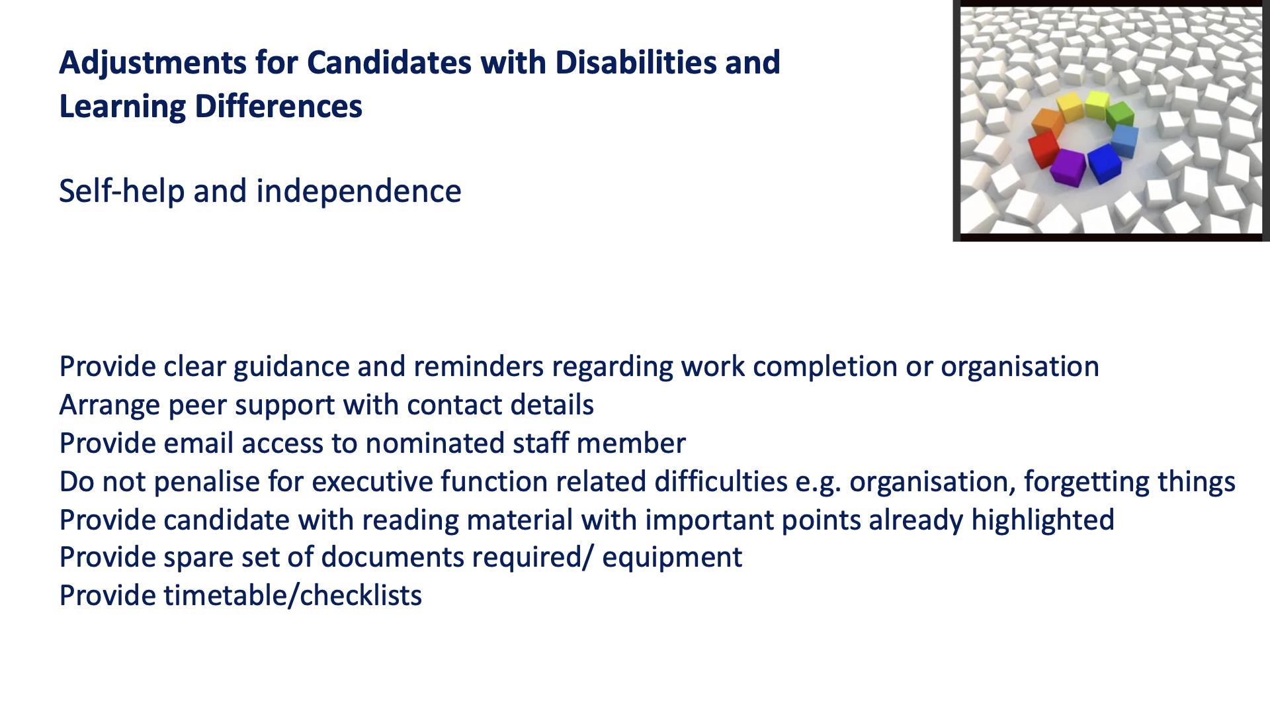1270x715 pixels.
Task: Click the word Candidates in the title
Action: [x=389, y=63]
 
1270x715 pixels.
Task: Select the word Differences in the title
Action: [x=278, y=107]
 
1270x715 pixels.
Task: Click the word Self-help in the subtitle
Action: [x=122, y=191]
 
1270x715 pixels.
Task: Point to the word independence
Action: [x=359, y=191]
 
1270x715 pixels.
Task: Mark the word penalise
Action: [x=206, y=482]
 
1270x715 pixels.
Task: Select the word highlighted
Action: [x=1042, y=520]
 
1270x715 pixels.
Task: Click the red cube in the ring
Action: [x=1043, y=148]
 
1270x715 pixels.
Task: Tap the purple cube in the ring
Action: [x=1068, y=167]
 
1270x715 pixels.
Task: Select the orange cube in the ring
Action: [x=1047, y=122]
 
